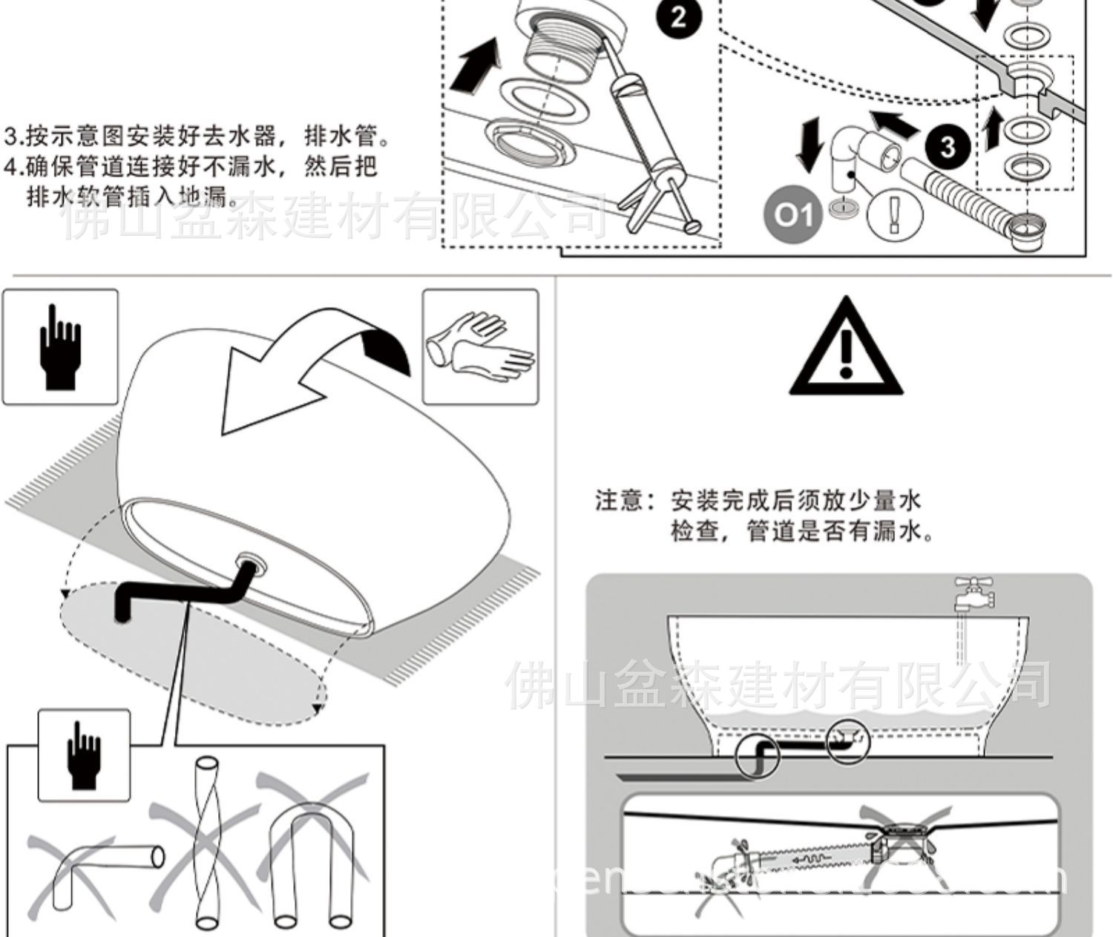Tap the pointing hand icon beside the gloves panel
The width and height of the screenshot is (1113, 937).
pyautogui.click(x=60, y=346)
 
